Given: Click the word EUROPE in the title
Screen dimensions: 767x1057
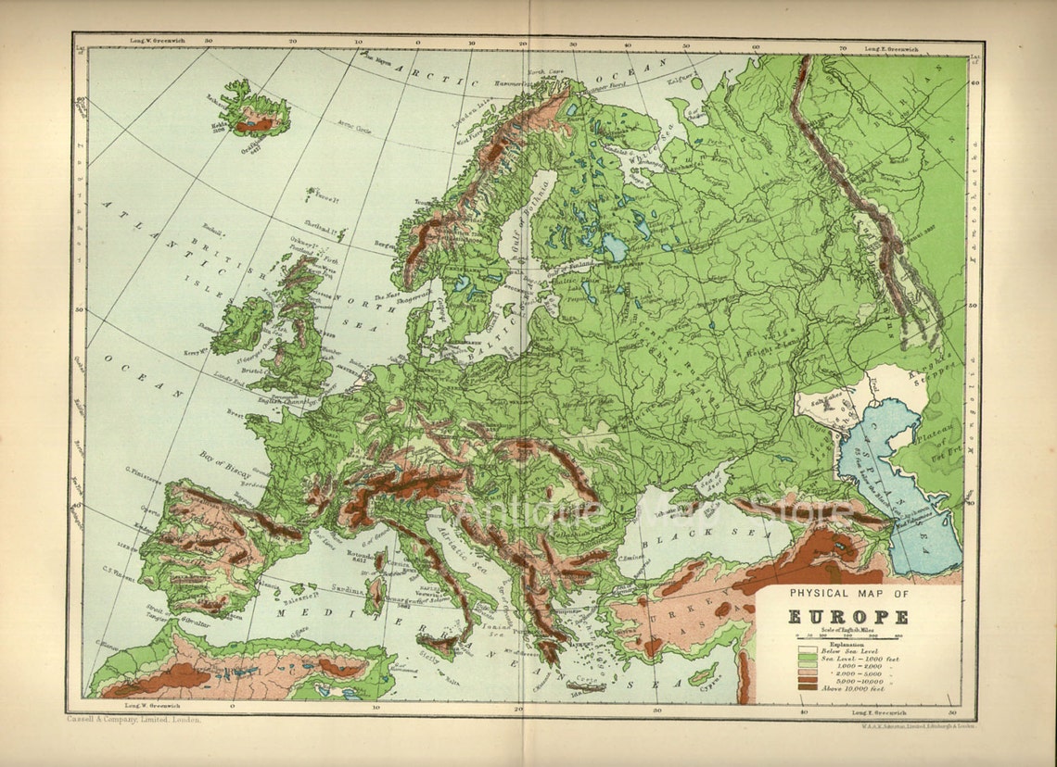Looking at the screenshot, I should pyautogui.click(x=848, y=618).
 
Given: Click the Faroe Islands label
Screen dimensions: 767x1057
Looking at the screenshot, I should pyautogui.click(x=324, y=196).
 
